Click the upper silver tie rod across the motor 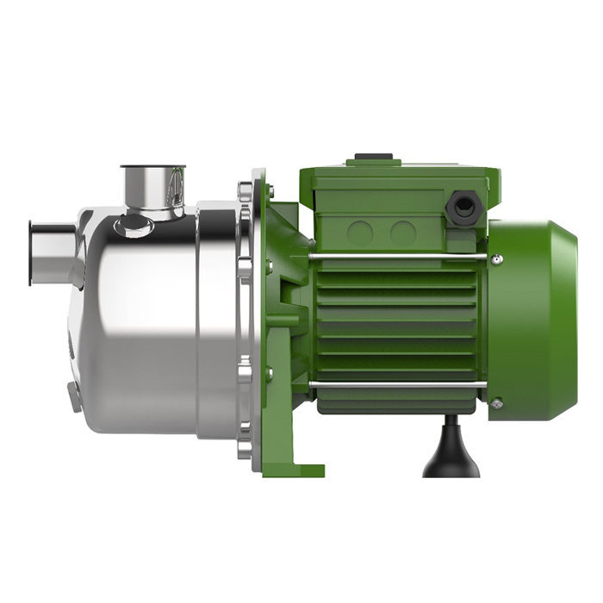396,257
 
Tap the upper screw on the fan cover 497,258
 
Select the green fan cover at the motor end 534,319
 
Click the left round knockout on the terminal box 359,232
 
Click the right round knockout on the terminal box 401,232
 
